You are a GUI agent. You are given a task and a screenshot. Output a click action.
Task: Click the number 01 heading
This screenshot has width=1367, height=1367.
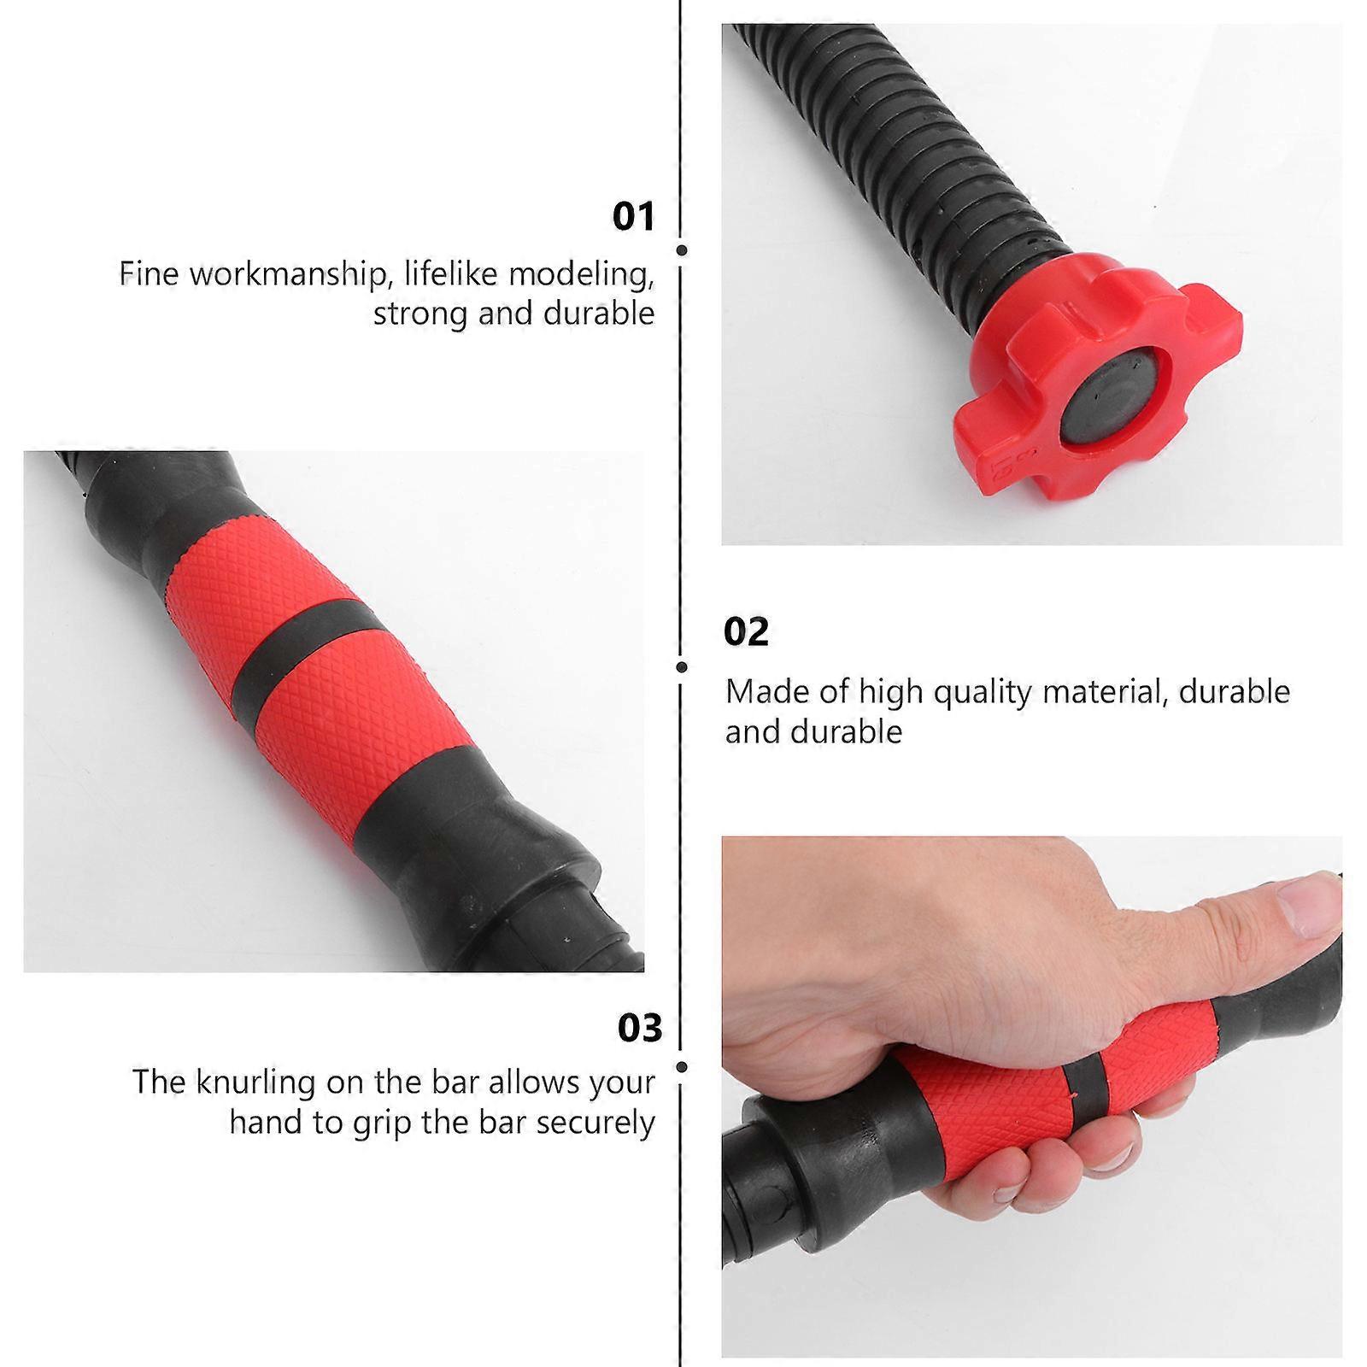[633, 216]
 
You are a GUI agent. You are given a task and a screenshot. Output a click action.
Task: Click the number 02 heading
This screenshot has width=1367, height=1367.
[746, 632]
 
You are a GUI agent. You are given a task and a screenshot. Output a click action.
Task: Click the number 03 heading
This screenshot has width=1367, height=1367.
[640, 1028]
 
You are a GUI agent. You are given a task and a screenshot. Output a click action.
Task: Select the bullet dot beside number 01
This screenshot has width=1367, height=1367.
[682, 250]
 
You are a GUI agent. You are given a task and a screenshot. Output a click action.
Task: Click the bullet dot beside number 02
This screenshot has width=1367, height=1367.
[682, 666]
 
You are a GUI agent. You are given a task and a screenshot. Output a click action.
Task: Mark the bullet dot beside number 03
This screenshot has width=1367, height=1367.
[682, 1067]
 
